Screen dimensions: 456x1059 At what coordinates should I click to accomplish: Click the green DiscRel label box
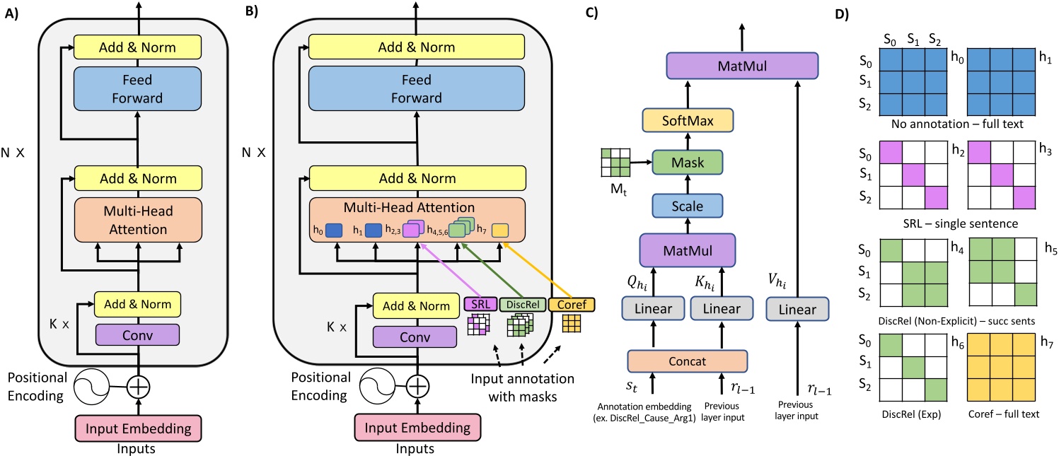(x=520, y=305)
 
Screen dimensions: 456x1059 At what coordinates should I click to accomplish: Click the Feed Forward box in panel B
(x=416, y=89)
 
